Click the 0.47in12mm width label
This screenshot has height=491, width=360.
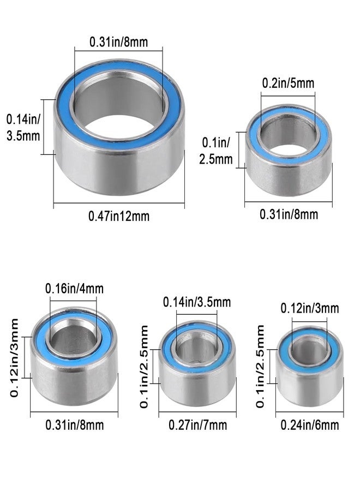pyautogui.click(x=119, y=216)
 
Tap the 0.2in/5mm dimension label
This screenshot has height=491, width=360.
pyautogui.click(x=288, y=83)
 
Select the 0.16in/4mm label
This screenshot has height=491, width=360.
pyautogui.click(x=75, y=289)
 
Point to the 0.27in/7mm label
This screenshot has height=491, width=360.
pyautogui.click(x=197, y=425)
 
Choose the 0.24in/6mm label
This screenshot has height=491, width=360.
pyautogui.click(x=310, y=425)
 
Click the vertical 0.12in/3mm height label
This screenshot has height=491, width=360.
pyautogui.click(x=14, y=357)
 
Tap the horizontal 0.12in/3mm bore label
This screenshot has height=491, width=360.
pyautogui.click(x=310, y=308)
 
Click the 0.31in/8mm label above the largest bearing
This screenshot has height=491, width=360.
pyautogui.click(x=119, y=42)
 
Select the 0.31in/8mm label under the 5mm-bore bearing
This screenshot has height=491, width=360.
pyautogui.click(x=289, y=214)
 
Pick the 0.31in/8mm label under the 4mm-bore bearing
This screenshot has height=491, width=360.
pyautogui.click(x=75, y=425)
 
